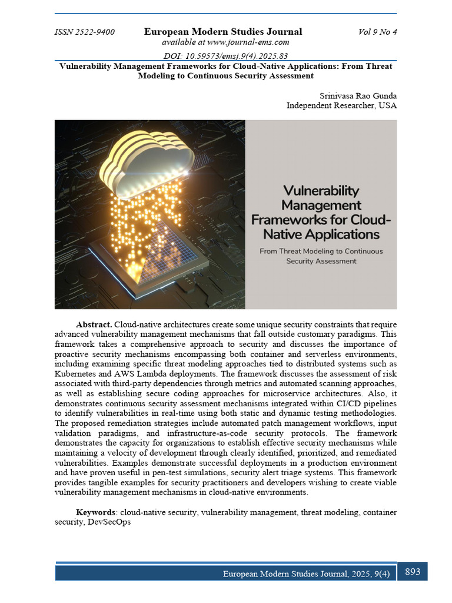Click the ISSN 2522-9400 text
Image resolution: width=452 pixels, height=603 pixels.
point(84,32)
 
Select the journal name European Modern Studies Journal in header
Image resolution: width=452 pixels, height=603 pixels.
point(223,32)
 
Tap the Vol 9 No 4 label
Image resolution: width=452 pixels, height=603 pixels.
point(377,32)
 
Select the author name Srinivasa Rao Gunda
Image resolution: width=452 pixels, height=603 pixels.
point(358,95)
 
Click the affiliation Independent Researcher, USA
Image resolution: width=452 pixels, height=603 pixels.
point(341,105)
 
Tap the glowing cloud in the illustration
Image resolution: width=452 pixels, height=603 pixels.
point(147,162)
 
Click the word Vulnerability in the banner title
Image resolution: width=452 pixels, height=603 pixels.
point(321,191)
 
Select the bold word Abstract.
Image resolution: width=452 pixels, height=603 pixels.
point(94,325)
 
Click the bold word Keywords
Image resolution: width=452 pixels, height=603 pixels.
point(97,513)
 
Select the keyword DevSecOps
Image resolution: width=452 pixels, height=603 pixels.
point(109,522)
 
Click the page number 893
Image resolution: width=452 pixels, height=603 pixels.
point(413,571)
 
